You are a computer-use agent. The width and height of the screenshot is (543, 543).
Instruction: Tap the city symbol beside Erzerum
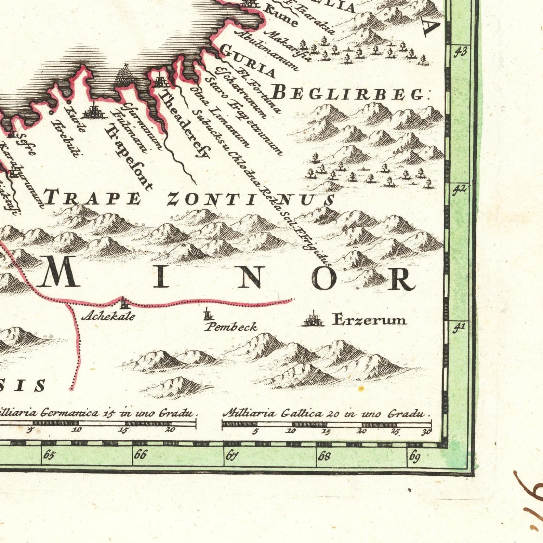[313, 320]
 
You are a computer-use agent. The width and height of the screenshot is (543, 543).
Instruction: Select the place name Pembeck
[231, 327]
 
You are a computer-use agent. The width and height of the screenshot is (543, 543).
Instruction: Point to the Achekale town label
[108, 316]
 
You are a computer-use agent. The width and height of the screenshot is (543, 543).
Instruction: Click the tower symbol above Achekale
[124, 302]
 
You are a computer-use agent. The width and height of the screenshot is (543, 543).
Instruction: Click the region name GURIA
[247, 61]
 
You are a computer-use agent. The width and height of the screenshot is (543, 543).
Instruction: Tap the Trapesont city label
[128, 157]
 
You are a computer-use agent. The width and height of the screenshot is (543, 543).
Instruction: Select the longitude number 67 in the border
[231, 455]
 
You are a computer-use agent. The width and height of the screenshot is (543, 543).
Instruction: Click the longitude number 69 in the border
[414, 456]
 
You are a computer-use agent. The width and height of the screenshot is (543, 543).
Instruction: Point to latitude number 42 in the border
[459, 189]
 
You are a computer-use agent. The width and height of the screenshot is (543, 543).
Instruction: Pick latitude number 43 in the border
[460, 52]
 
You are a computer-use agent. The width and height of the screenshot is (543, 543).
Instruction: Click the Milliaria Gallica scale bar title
[325, 413]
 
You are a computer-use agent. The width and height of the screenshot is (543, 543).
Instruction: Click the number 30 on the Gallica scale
[426, 432]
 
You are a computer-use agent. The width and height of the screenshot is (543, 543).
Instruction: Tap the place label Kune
[281, 16]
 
